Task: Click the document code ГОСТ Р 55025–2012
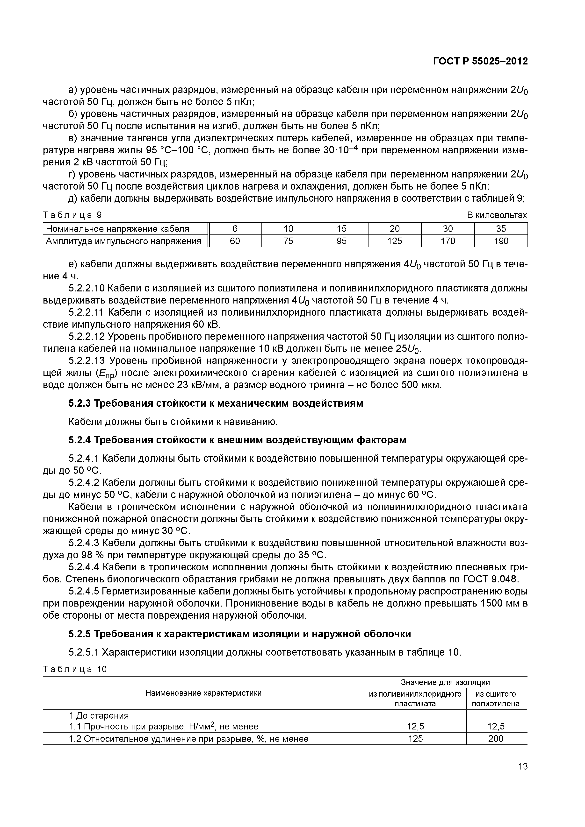pos(480,62)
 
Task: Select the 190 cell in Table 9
pos(501,241)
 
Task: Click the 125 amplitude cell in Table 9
pos(394,241)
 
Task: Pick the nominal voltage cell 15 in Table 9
pos(341,229)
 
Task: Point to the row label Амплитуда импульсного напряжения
pos(124,241)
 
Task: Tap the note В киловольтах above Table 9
pos(497,215)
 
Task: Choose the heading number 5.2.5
pos(80,634)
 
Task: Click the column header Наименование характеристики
pos(204,693)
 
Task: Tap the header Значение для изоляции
pos(446,682)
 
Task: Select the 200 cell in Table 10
pos(496,739)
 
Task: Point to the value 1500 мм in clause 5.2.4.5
pos(500,603)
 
